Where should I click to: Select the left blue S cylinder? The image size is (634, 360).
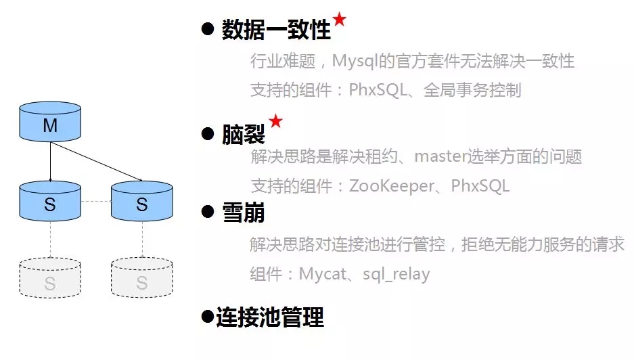[50, 201]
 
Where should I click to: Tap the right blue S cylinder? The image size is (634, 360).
[142, 201]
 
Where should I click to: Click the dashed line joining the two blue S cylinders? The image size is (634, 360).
[96, 202]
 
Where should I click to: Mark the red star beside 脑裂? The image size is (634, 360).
[275, 121]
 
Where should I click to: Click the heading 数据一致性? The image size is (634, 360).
[276, 30]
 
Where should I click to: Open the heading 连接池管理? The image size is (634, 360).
[270, 317]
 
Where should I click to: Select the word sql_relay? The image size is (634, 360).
[396, 274]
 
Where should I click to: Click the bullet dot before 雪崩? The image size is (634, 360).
[208, 212]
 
